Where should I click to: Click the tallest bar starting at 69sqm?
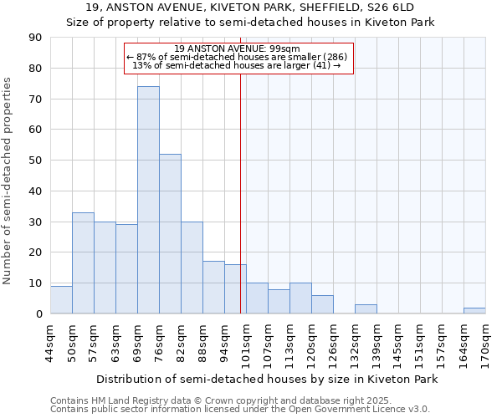click(148, 200)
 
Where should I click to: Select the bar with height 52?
click(170, 234)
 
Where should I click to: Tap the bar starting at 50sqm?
click(83, 263)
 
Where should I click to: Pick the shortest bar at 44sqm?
click(61, 300)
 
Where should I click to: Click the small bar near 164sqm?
click(474, 311)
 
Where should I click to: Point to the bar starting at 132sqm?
click(366, 309)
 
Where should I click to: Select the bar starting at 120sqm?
click(322, 304)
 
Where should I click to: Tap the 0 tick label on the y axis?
click(39, 314)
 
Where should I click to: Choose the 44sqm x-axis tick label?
click(51, 340)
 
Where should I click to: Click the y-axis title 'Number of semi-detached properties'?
click(8, 181)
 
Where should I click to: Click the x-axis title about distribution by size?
click(267, 380)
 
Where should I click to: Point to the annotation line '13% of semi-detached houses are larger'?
click(237, 65)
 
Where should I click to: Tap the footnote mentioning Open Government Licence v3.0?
click(240, 409)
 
